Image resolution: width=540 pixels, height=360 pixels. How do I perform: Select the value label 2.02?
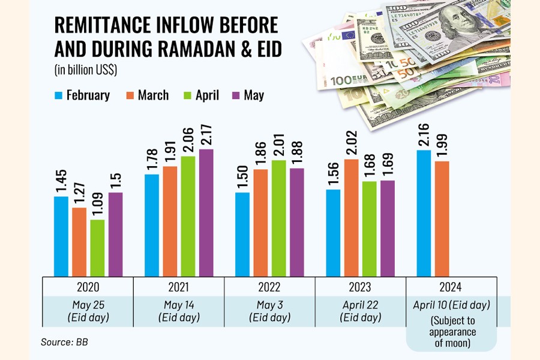click(352, 143)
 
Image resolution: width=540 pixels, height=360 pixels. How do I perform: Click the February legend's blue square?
click(58, 95)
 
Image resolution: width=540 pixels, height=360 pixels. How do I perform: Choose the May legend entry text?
click(254, 95)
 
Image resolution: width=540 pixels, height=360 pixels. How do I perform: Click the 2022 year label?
click(270, 287)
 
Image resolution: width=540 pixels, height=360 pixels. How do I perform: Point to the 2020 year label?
click(88, 287)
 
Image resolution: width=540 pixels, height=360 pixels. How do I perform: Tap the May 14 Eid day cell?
click(179, 311)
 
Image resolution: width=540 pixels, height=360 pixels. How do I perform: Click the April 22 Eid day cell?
click(361, 311)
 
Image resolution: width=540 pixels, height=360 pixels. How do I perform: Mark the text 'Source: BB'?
click(65, 343)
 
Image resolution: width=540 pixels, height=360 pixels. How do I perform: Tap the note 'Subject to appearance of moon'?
click(452, 332)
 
